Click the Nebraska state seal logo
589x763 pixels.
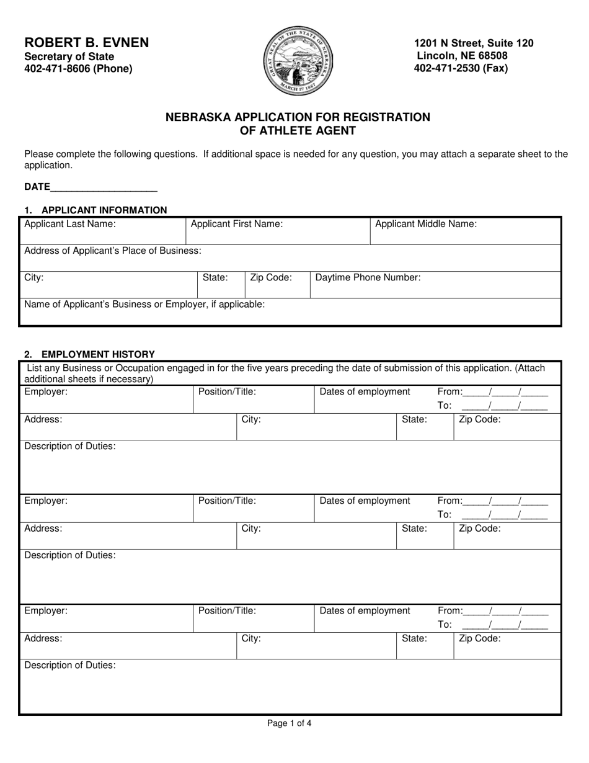(x=299, y=61)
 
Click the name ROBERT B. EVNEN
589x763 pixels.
(x=87, y=43)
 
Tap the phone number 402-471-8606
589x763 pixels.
(x=78, y=69)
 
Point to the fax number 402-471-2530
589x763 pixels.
(x=461, y=68)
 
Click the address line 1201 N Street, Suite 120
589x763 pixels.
(x=474, y=43)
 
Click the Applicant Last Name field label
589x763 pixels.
(x=69, y=225)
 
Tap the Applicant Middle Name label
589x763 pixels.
(x=426, y=225)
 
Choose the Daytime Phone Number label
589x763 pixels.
(x=368, y=278)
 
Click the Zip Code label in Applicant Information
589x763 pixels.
(x=271, y=278)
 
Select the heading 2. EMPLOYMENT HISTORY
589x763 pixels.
(x=89, y=354)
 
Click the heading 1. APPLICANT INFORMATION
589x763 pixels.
(x=95, y=210)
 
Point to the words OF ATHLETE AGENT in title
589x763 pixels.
(x=298, y=131)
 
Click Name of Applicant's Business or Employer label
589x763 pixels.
(x=144, y=305)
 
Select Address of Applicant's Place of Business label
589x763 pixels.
(x=112, y=251)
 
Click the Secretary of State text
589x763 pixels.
(x=69, y=56)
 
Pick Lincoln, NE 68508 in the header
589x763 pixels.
(x=462, y=56)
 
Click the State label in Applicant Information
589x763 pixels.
(x=215, y=278)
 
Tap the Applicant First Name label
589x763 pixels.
(x=236, y=225)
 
